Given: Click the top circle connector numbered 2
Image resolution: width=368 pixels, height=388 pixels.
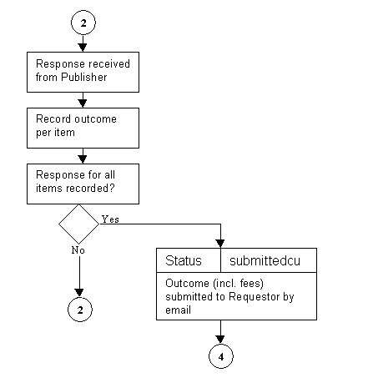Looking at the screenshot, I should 83,22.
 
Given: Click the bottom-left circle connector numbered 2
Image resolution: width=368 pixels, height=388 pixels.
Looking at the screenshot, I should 79,310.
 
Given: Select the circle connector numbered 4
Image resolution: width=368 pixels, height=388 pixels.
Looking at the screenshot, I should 220,355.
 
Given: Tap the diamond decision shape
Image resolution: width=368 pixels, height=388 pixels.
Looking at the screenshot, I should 79,224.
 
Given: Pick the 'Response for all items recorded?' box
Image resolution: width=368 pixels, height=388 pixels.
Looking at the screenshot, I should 82,182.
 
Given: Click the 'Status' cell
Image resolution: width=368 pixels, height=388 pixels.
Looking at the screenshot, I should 188,260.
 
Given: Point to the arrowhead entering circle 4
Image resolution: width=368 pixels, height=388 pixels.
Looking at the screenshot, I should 220,336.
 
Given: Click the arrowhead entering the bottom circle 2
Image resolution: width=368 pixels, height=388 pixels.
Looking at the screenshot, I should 79,291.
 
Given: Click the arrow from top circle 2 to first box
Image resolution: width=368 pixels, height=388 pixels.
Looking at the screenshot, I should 83,43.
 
